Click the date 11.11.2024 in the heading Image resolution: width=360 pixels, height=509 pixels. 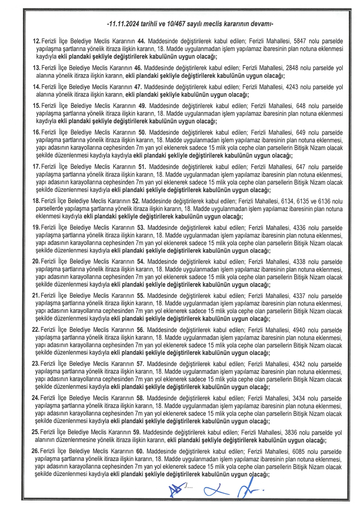(124, 24)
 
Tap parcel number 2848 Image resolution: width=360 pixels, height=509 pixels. (292, 68)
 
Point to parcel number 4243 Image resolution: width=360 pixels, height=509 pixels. (292, 87)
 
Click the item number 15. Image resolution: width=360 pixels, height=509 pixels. (36, 106)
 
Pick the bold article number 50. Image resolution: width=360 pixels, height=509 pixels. (142, 133)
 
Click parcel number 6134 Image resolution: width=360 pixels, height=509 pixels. (287, 201)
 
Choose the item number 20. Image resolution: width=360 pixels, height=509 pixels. (36, 261)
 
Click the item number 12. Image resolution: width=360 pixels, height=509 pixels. (37, 41)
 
